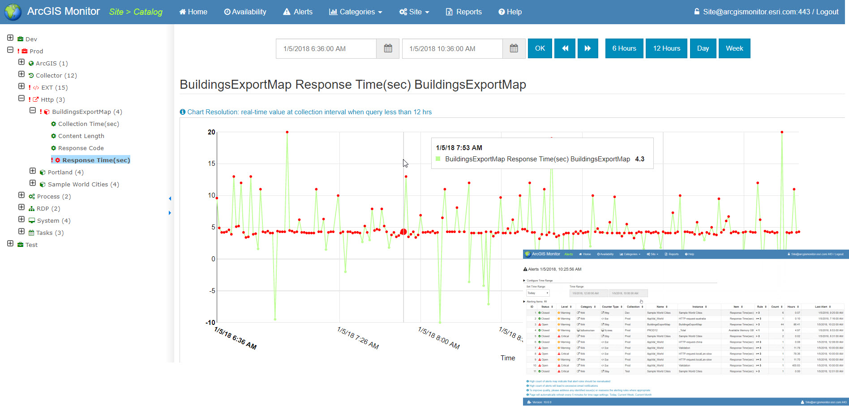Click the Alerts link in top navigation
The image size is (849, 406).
(298, 12)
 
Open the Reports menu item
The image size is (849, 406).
(464, 12)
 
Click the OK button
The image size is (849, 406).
(540, 48)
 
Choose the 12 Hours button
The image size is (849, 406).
(666, 48)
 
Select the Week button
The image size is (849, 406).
(734, 48)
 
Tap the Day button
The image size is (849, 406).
(703, 48)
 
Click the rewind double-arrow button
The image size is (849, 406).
(565, 48)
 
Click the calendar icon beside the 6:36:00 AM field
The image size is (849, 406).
(388, 48)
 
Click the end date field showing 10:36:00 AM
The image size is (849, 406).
(452, 48)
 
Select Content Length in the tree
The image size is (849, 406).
(81, 136)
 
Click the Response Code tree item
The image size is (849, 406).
(81, 148)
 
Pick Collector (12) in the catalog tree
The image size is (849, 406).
(56, 75)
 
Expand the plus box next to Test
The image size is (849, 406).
(10, 243)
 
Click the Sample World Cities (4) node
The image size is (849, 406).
(83, 184)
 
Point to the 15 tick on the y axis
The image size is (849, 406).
(211, 164)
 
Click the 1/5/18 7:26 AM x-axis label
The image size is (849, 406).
(358, 338)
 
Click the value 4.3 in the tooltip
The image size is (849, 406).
(639, 159)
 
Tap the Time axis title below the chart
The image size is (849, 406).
(507, 358)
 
